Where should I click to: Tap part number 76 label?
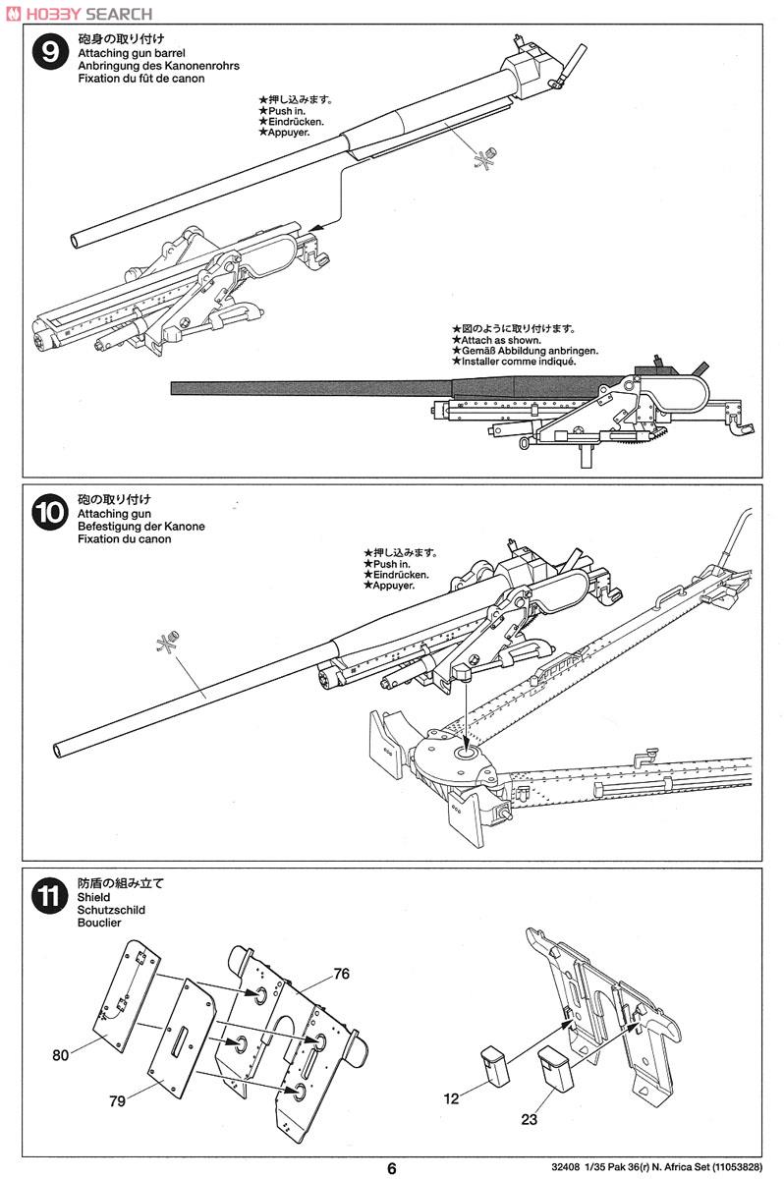tap(341, 974)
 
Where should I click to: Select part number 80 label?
tap(62, 1056)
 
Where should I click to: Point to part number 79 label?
tap(118, 1101)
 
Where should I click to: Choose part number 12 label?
tap(451, 1098)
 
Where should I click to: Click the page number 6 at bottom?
tap(392, 1168)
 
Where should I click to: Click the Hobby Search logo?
tap(79, 14)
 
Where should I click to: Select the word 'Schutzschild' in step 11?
tap(110, 910)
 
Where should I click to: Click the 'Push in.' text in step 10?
tap(388, 564)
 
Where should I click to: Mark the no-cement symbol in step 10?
tap(167, 642)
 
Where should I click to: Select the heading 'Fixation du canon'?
tap(122, 539)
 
